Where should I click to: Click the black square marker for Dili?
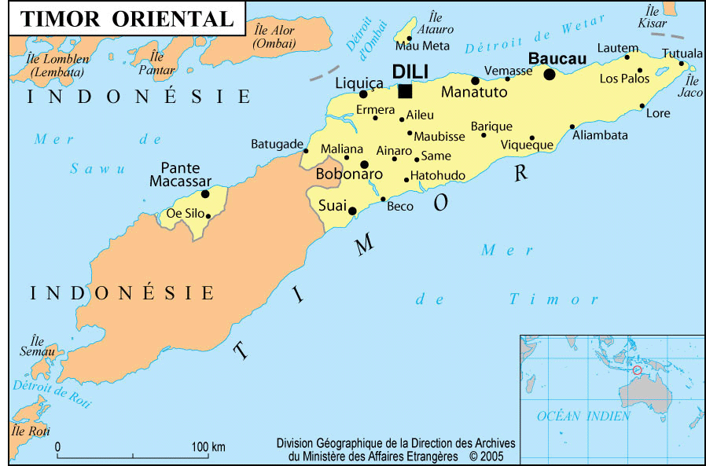[x=405, y=91]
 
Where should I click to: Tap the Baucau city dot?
[x=549, y=74]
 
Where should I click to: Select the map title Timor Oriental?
[x=127, y=20]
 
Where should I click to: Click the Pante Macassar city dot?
[x=205, y=193]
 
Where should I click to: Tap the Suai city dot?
[x=353, y=210]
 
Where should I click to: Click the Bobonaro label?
[x=348, y=174]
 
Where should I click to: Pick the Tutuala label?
[x=682, y=53]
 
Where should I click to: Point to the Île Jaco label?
[x=692, y=87]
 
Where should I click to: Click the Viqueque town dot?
[x=531, y=138]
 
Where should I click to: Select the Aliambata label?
[x=600, y=135]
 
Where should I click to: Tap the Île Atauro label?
[x=433, y=24]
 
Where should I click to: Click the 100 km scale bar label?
[x=209, y=447]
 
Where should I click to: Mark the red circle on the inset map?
[x=637, y=369]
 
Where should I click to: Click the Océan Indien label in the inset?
[x=583, y=416]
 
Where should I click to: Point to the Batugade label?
[x=277, y=145]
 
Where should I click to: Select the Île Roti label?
[x=30, y=431]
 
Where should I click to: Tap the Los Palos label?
[x=624, y=79]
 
